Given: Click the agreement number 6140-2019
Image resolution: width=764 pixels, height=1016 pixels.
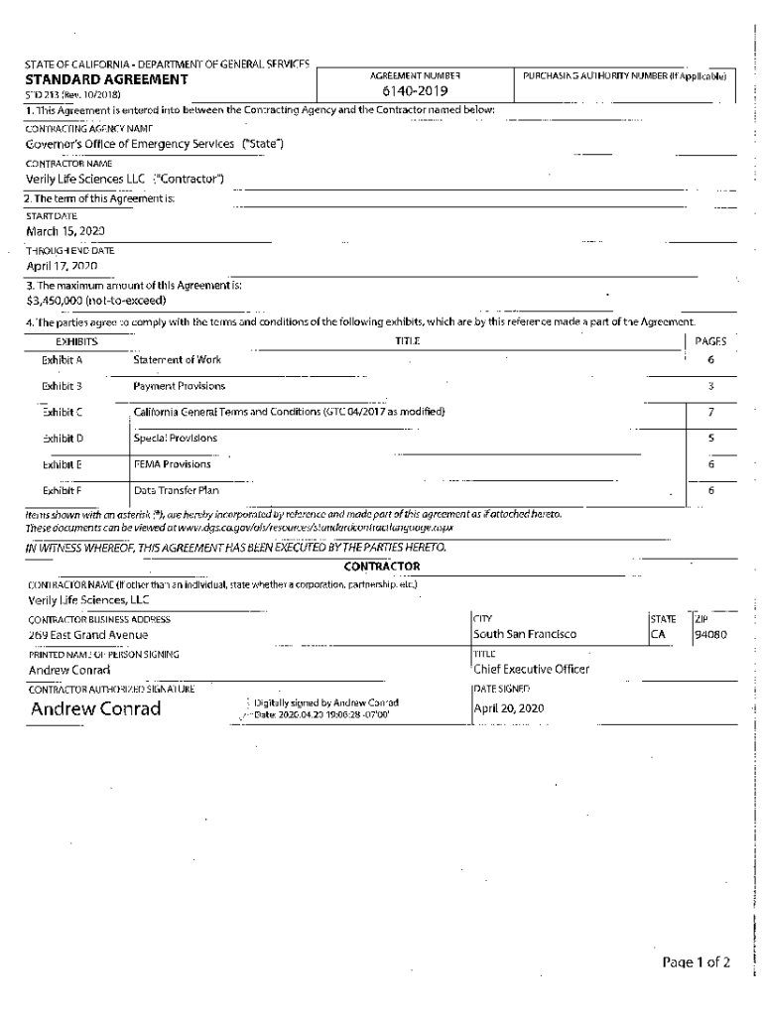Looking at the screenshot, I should click(416, 93).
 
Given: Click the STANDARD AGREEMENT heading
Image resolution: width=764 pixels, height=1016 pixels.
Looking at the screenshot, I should click(106, 79).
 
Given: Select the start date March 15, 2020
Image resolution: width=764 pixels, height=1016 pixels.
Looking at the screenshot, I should click(65, 230).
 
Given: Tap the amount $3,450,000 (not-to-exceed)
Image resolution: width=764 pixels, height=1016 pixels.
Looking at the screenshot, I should click(96, 300).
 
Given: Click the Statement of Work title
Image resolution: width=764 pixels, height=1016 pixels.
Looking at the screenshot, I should click(178, 360).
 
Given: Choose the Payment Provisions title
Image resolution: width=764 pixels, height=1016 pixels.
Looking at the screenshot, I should click(180, 386).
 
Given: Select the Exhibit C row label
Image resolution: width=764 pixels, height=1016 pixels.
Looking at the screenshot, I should click(63, 412).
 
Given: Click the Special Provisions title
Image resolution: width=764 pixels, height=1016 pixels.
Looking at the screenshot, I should click(176, 438).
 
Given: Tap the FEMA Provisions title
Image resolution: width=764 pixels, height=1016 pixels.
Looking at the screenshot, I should click(173, 463).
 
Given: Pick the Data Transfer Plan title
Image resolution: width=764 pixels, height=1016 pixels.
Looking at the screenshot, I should click(177, 490).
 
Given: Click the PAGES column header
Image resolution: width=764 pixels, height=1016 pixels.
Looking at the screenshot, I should click(710, 341).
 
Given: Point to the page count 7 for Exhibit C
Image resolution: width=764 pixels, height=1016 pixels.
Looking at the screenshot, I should click(710, 412).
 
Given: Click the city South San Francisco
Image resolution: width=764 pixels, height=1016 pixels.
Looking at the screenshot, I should click(525, 634).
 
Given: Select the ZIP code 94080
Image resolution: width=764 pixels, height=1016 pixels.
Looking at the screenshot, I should click(711, 634).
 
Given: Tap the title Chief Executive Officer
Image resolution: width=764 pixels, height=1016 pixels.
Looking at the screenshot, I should click(531, 670).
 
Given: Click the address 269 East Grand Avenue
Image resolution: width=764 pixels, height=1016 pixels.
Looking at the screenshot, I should click(88, 634).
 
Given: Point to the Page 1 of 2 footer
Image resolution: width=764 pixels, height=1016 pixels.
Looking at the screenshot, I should click(697, 962).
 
